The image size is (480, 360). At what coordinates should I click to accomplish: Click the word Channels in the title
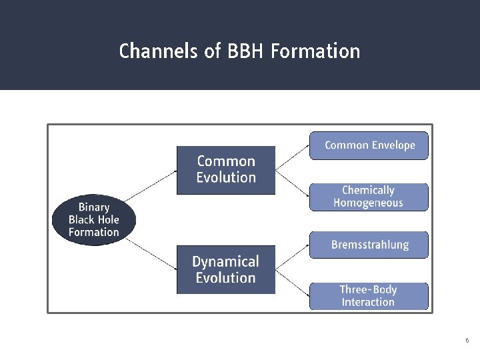tap(160, 51)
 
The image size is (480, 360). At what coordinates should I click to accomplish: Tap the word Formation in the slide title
tap(315, 51)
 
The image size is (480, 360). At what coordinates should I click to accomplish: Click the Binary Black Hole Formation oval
tap(93, 220)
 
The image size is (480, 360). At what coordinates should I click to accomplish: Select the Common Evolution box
tap(225, 170)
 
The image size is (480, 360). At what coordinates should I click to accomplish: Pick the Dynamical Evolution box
tap(225, 270)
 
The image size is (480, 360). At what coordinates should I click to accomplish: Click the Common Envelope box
tap(369, 145)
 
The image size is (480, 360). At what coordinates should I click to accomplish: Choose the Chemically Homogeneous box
tap(369, 197)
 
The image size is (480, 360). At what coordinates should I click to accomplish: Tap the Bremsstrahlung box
tap(369, 245)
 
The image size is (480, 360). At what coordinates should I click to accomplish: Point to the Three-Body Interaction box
tap(369, 296)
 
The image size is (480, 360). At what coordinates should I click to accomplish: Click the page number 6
tap(467, 341)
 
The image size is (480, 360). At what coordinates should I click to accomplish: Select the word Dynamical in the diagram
tap(225, 262)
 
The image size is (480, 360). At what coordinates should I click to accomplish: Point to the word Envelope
tap(393, 145)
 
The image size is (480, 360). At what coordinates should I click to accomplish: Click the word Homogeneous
tap(369, 203)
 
